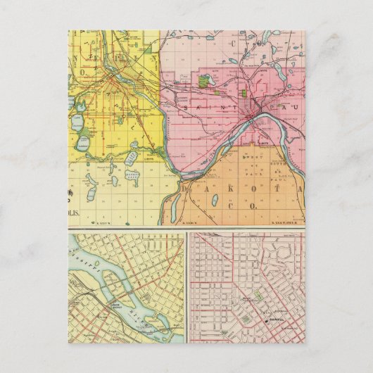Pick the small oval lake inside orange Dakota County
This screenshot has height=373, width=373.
214,201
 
